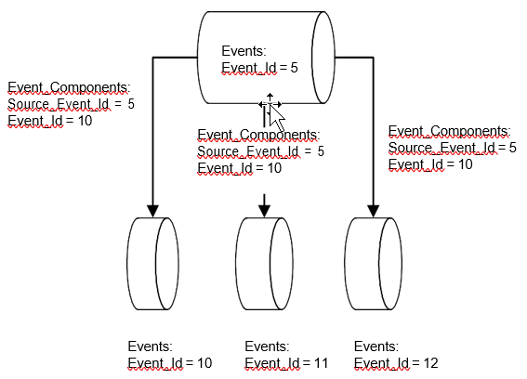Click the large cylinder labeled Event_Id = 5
pos(266,58)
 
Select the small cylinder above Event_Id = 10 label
pos(153,264)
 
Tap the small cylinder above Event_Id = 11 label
pos(264,264)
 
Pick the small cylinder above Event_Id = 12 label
pos(373,264)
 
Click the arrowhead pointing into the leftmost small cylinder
pos(153,211)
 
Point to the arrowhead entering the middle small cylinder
pos(264,211)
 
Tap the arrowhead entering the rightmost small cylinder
pos(373,211)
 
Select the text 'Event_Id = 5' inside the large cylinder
pos(259,68)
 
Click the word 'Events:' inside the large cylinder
pos(244,51)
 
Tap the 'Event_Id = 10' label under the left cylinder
pos(170,363)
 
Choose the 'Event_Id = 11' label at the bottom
pos(286,363)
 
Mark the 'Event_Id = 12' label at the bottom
pos(396,363)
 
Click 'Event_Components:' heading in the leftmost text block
pos(69,87)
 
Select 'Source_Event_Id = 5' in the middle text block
pos(261,151)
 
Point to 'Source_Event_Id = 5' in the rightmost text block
pos(453,148)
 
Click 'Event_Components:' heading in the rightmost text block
pos(450,131)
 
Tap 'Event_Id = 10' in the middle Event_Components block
pos(239,168)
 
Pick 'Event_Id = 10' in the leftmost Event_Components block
pos(50,121)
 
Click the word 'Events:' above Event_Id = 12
pos(376,346)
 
